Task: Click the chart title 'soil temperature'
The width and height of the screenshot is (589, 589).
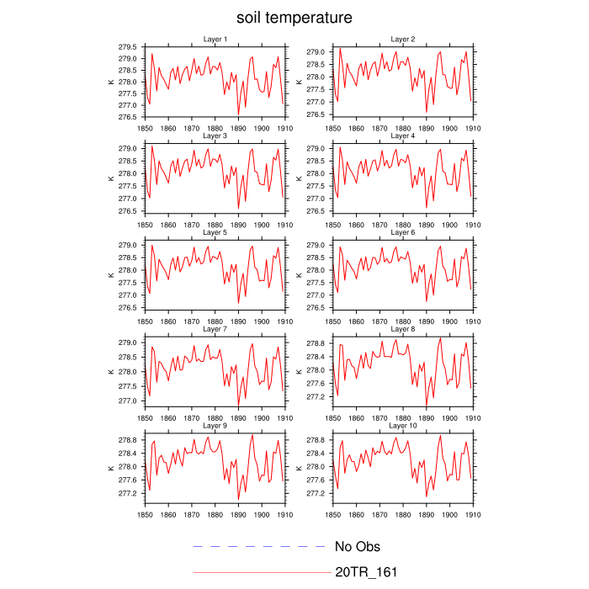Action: click(x=294, y=17)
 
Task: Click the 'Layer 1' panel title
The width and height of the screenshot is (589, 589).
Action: click(x=215, y=39)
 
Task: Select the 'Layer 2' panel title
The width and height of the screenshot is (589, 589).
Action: click(x=402, y=39)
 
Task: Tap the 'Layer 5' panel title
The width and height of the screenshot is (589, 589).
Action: click(x=215, y=232)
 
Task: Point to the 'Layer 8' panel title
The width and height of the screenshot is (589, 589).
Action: click(x=402, y=329)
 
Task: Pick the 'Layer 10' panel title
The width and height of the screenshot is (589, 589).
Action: click(x=402, y=426)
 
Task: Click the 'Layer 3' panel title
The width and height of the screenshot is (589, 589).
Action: click(x=215, y=135)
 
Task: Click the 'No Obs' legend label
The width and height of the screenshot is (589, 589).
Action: click(x=358, y=547)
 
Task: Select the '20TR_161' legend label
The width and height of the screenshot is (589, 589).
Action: click(x=366, y=572)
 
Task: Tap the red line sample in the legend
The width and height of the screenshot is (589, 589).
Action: click(x=261, y=572)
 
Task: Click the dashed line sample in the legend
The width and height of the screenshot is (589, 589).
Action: click(x=261, y=547)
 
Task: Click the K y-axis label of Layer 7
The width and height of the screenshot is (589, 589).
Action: click(x=110, y=371)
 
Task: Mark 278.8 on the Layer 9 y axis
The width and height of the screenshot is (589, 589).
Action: click(x=128, y=440)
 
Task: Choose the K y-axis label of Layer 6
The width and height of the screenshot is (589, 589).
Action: click(x=299, y=274)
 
